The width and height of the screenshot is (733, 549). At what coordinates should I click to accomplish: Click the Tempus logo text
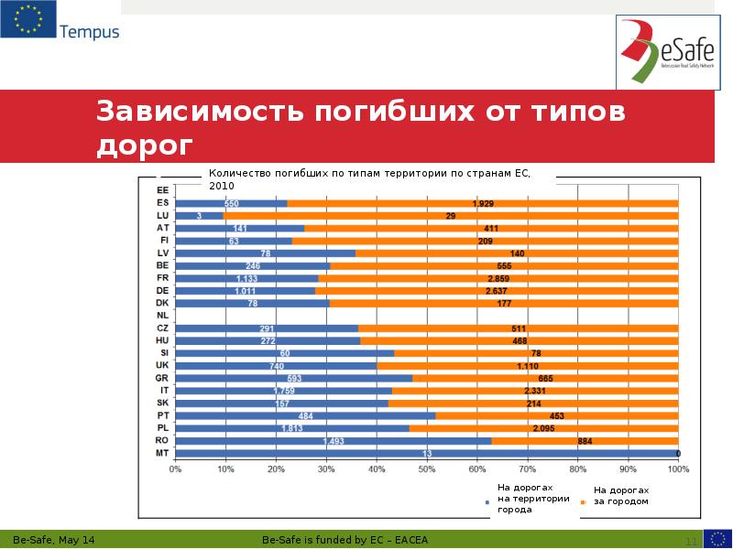tap(89, 32)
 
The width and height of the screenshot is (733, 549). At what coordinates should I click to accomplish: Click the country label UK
tap(162, 365)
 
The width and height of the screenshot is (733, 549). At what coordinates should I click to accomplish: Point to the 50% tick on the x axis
tap(426, 468)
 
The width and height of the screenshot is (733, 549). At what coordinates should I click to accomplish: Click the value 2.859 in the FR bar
tap(498, 278)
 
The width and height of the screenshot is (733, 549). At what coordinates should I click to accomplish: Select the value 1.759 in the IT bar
tap(284, 391)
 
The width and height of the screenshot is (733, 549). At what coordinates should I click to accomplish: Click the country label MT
tap(162, 453)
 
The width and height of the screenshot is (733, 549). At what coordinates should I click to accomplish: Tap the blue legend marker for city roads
tap(487, 501)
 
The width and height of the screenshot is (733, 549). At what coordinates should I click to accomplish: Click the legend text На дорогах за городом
tap(628, 496)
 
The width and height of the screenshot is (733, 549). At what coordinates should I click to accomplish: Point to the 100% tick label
tap(677, 468)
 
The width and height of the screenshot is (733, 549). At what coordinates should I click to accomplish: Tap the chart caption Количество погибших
tap(275, 172)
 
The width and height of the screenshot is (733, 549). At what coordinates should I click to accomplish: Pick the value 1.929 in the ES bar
tap(483, 203)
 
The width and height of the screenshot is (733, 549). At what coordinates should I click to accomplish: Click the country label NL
tap(162, 315)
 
